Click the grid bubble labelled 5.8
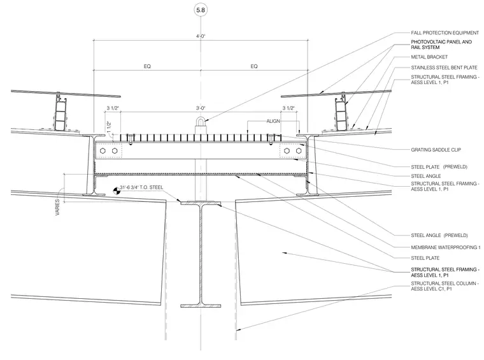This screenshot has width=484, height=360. (201, 10)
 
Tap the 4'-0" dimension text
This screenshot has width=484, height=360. (201, 36)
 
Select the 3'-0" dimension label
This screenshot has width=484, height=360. (201, 108)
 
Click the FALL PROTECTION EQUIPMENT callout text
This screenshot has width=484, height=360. (445, 32)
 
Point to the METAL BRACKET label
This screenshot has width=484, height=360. (429, 57)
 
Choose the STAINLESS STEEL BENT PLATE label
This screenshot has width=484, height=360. (444, 68)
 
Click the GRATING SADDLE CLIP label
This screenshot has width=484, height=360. (436, 150)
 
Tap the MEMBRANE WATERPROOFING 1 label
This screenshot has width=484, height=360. (446, 247)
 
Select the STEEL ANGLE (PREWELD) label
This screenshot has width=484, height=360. (439, 235)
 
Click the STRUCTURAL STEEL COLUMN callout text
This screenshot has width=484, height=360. (445, 286)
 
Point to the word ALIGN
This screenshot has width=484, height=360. (273, 121)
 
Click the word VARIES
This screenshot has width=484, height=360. (57, 207)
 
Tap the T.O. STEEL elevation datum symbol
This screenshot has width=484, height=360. (117, 191)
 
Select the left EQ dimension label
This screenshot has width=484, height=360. (147, 66)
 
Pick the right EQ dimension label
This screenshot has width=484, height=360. (254, 66)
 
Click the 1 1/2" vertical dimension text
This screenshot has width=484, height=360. (109, 127)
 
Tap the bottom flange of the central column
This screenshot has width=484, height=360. (201, 306)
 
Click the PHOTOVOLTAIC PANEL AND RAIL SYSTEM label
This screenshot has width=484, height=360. (441, 45)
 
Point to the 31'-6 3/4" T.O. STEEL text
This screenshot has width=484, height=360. (141, 187)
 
